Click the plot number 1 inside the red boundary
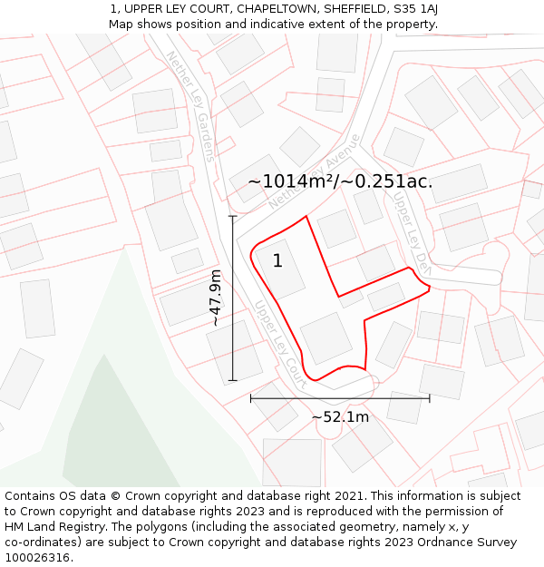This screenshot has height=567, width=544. click(x=277, y=261)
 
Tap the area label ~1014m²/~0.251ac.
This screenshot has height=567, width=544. click(x=340, y=181)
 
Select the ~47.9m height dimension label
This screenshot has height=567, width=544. click(x=216, y=298)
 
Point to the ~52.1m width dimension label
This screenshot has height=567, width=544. click(x=340, y=417)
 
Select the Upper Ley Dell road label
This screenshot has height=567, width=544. click(x=410, y=231)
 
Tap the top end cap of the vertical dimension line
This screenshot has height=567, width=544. click(x=233, y=216)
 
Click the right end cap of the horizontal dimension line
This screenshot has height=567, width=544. click(x=430, y=397)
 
